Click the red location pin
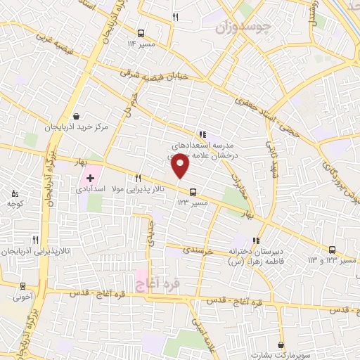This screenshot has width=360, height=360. (x=181, y=167)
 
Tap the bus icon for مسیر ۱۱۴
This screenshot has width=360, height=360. (x=141, y=33)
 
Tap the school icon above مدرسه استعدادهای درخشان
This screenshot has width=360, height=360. (x=202, y=134)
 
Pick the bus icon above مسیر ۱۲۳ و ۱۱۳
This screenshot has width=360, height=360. (x=332, y=250)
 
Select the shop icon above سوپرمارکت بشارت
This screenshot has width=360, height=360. (x=282, y=345)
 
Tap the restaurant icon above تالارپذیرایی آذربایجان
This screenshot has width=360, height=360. (x=35, y=240)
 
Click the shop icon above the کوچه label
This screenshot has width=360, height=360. (x=15, y=193)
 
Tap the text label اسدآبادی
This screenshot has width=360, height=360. (x=91, y=191)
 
